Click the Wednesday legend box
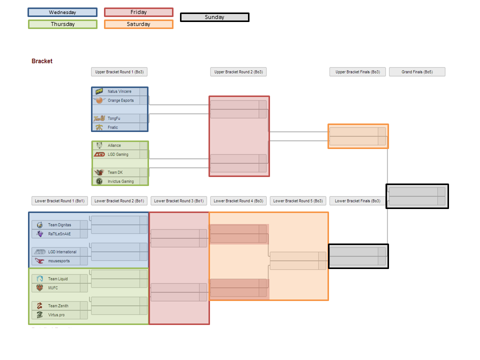(x=62, y=12)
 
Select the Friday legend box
(x=138, y=12)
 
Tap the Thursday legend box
(x=62, y=24)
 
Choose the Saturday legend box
(x=138, y=24)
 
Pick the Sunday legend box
(x=214, y=17)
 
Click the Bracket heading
(x=42, y=61)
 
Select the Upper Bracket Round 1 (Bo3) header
(x=119, y=72)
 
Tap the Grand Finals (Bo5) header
(x=417, y=72)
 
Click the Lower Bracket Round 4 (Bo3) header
(x=238, y=201)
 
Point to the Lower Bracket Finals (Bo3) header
(x=357, y=201)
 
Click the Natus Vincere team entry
(x=119, y=91)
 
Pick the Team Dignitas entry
(x=59, y=225)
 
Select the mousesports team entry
(x=59, y=261)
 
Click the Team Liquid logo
(x=39, y=279)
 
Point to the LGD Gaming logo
(x=99, y=154)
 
